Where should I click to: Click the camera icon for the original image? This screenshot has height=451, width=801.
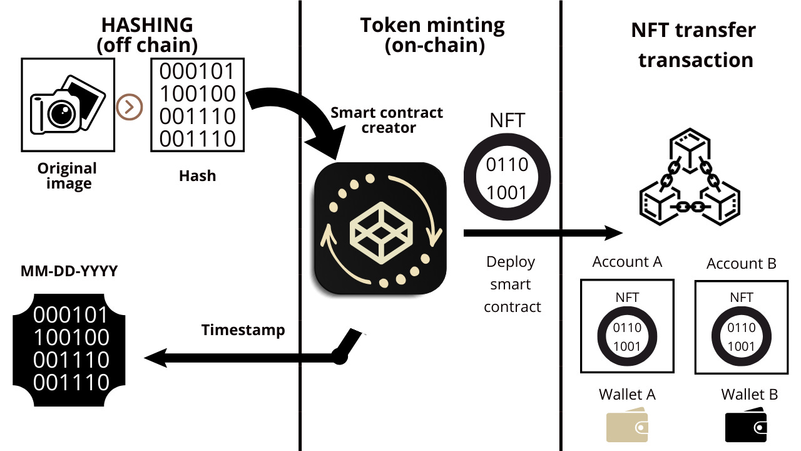(x=68, y=104)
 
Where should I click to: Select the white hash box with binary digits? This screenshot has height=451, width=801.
(x=197, y=105)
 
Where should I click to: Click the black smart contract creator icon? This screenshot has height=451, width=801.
(x=380, y=229)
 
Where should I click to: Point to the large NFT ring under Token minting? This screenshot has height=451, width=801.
(x=507, y=178)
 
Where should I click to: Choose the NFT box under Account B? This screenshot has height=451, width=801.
(x=741, y=326)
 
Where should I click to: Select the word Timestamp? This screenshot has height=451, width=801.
(x=243, y=330)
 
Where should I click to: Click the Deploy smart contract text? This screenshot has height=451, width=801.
(x=512, y=284)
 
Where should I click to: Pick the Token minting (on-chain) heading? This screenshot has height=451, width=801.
(x=432, y=35)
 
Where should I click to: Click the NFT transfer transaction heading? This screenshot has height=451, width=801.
(x=693, y=45)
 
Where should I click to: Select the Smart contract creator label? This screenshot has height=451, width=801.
(x=386, y=120)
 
